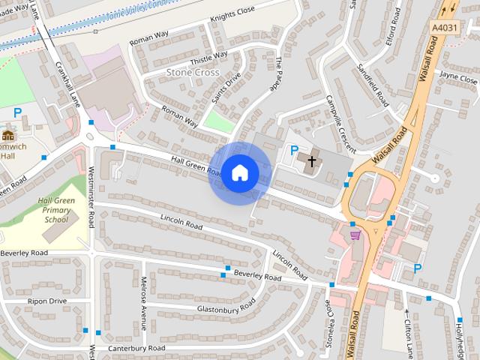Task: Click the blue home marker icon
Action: coord(239,173)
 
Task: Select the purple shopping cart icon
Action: coord(355,235)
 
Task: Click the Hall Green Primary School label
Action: coord(55,211)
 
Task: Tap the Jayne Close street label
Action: coord(457,78)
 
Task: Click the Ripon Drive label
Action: coord(46,301)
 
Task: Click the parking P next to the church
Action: coord(294,151)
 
